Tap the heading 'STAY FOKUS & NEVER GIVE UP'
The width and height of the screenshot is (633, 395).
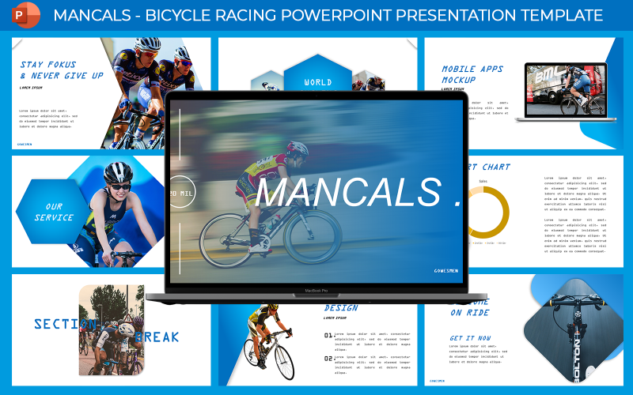[61, 70]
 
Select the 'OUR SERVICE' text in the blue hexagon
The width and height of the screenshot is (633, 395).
[54, 212]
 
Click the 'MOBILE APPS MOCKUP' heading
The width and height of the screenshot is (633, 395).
[470, 74]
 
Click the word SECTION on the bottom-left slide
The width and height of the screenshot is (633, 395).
[63, 324]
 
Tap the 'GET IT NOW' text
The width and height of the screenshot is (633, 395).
[470, 338]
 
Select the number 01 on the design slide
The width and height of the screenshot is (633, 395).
[328, 336]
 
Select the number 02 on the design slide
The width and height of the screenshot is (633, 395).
[328, 358]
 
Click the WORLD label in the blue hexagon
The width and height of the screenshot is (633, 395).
[317, 82]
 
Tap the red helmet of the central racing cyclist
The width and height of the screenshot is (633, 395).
[298, 148]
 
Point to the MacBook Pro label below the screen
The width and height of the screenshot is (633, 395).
[317, 291]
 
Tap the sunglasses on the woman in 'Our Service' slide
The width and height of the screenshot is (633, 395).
[118, 186]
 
